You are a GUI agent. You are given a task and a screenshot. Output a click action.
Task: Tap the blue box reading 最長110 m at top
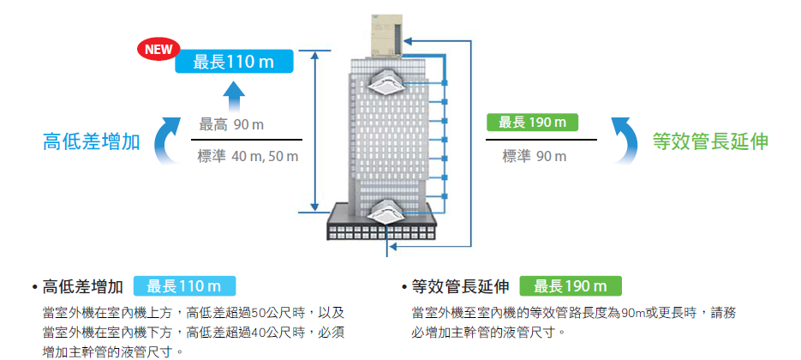[233, 62]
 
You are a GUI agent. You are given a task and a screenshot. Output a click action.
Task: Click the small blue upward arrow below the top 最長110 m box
[237, 94]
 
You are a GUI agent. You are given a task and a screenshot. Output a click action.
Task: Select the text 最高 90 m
[231, 125]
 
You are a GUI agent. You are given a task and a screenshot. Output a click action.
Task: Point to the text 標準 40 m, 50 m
[248, 156]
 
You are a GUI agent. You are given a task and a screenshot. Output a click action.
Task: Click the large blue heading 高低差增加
[92, 141]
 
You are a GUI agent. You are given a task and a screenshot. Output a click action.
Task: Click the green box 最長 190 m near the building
[532, 123]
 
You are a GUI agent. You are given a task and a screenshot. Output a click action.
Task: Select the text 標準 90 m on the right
[535, 156]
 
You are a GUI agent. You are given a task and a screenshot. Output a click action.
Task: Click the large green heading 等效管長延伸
[710, 141]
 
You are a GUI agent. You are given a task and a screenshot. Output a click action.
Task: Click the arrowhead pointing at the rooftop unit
[409, 39]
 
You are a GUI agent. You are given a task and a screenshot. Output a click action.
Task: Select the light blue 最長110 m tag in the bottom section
[184, 286]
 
